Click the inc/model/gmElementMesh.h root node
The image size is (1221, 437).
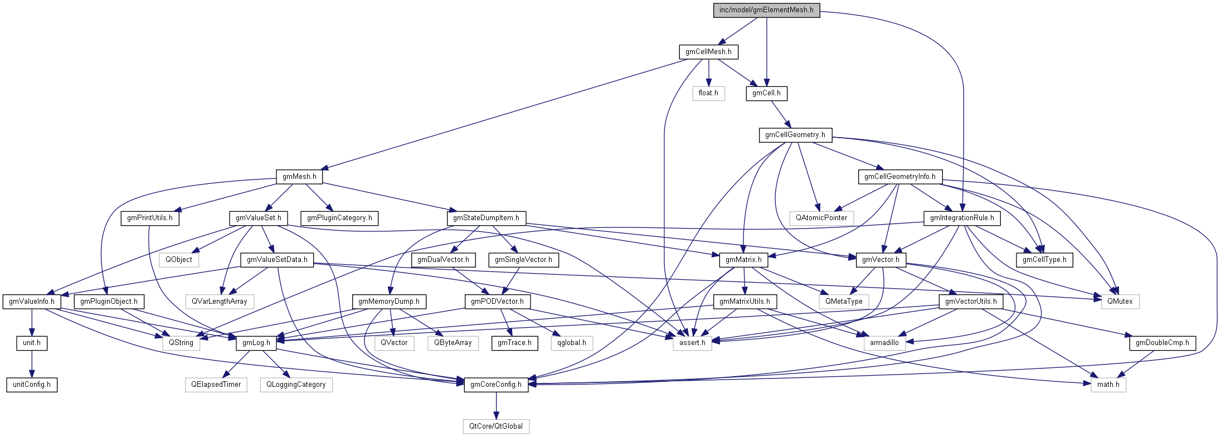click(766, 10)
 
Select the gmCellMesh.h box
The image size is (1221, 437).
click(708, 52)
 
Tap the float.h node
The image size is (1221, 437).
click(708, 93)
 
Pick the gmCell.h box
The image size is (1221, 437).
click(766, 93)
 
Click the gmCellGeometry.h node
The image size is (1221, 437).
click(795, 135)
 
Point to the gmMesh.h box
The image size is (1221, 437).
click(299, 177)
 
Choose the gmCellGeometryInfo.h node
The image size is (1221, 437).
click(899, 177)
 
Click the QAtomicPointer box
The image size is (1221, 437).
click(821, 218)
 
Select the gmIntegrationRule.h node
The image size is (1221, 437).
click(962, 218)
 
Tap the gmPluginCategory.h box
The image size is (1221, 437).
click(339, 218)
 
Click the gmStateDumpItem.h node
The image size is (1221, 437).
click(486, 218)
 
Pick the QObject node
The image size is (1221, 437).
click(178, 260)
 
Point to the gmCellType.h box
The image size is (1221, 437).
click(1044, 260)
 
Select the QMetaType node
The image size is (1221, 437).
click(844, 302)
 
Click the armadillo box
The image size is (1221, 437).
click(884, 343)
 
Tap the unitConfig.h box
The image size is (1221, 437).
click(32, 385)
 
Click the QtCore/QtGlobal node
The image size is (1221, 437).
click(496, 426)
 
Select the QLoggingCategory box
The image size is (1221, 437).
click(296, 385)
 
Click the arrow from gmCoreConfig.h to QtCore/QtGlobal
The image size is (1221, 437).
click(496, 406)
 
